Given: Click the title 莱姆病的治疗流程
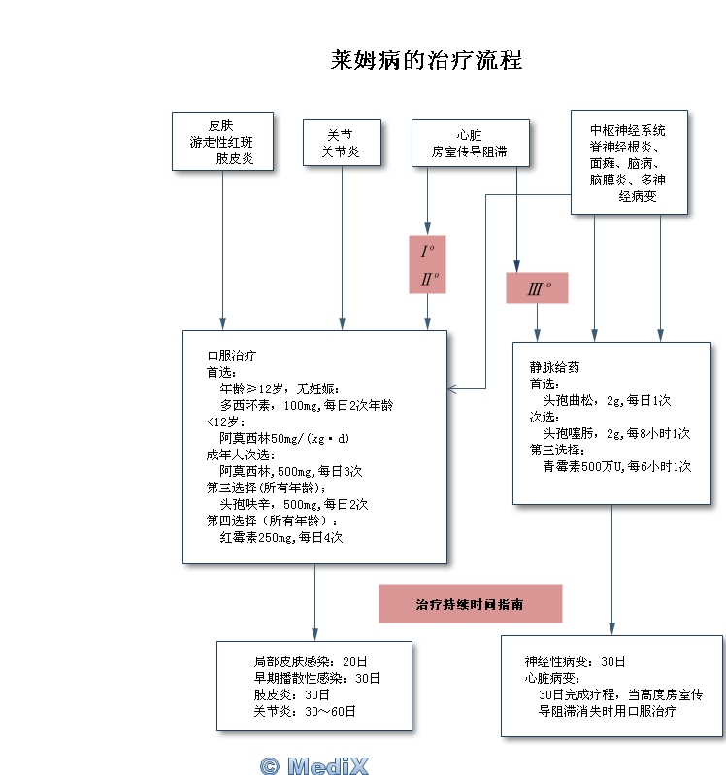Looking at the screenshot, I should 426,60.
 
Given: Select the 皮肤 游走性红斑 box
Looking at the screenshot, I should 222,142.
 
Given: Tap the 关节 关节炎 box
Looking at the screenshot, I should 340,144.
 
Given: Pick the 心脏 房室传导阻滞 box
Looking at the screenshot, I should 470,144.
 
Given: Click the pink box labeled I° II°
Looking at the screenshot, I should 427,264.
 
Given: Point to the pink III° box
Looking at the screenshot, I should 537,288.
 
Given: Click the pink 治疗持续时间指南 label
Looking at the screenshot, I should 470,603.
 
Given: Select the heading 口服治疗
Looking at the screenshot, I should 231,355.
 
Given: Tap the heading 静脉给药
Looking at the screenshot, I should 554,367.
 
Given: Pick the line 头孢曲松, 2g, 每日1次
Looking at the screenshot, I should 607,400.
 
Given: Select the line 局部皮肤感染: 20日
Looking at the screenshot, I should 311,661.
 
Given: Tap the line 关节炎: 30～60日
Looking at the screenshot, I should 305,711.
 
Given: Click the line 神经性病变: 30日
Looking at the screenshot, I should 576,661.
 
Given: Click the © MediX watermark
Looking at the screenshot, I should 314,765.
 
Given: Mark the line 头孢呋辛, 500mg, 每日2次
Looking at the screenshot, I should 293,504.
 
